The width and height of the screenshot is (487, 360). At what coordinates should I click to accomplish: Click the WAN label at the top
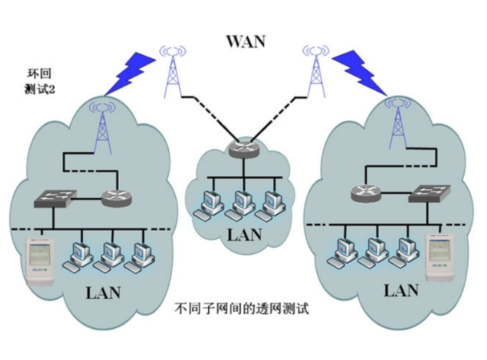(x=245, y=41)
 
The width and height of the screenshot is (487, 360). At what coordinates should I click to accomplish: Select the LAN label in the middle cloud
(x=245, y=233)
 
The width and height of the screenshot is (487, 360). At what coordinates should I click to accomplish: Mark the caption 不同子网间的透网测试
(x=242, y=308)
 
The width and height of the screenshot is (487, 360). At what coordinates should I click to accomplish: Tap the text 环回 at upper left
(x=38, y=72)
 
